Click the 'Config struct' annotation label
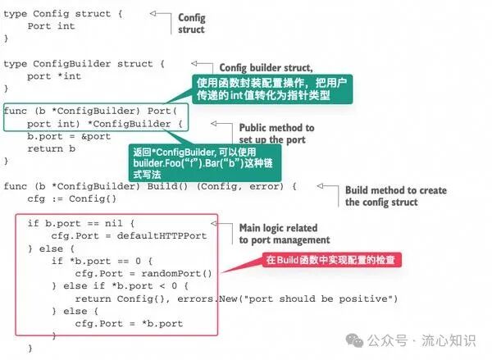click(191, 24)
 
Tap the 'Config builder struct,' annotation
click(266, 68)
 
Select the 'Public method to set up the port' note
click(276, 134)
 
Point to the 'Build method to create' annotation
click(396, 190)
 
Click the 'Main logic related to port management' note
click(285, 234)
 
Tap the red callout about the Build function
click(331, 260)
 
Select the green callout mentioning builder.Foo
click(205, 163)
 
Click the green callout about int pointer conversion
click(272, 89)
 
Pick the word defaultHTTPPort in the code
click(162, 235)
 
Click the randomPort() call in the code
click(176, 273)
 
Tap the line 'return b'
click(51, 148)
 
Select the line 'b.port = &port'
click(69, 136)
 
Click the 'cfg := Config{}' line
click(72, 198)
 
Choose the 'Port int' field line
click(51, 26)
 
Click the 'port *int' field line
click(54, 76)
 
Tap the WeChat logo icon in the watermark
click(354, 340)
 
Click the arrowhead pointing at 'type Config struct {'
click(153, 13)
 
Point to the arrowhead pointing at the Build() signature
click(320, 186)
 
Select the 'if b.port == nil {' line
click(81, 223)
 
